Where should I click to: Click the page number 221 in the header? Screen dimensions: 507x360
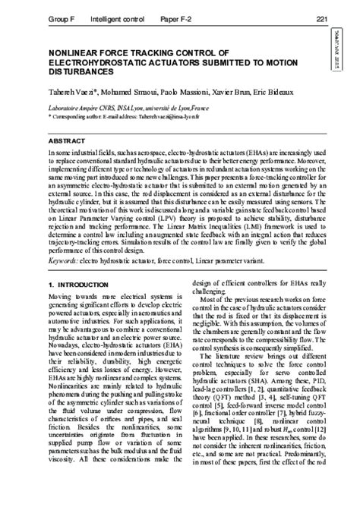pos(322,17)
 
